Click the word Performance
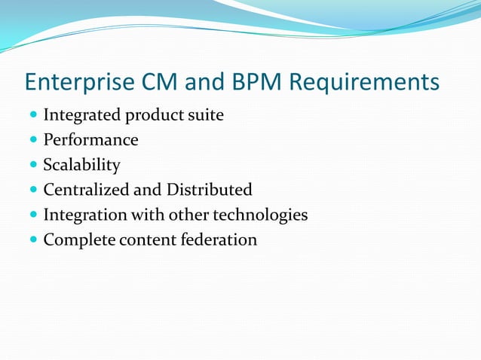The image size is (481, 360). pos(90,140)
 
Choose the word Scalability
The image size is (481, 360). pos(81,165)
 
